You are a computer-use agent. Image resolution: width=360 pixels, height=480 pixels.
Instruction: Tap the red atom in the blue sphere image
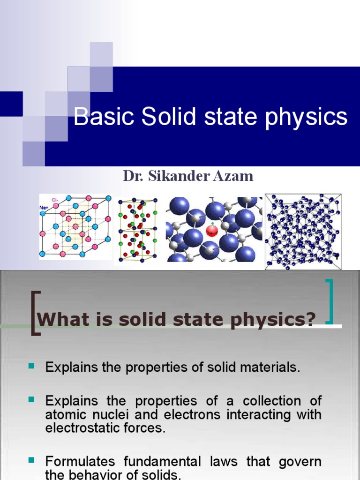(x=212, y=231)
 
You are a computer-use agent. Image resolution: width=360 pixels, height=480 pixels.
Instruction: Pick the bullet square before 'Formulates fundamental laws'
(x=32, y=461)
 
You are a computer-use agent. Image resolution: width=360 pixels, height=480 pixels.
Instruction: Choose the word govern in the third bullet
(x=300, y=462)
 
